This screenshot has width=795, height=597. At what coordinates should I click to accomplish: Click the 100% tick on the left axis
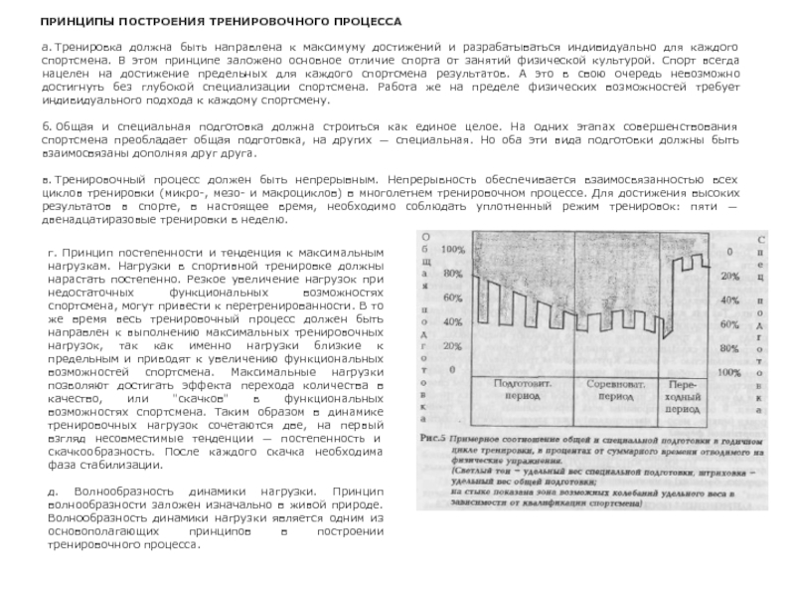click(452, 248)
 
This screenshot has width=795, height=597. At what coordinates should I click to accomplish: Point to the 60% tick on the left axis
click(452, 297)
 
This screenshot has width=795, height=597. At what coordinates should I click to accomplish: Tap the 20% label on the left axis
click(452, 346)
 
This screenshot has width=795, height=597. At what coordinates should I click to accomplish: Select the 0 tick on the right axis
click(730, 251)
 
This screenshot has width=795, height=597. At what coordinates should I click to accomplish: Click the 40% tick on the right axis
click(730, 298)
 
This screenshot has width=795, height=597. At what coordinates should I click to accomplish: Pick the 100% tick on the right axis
click(730, 371)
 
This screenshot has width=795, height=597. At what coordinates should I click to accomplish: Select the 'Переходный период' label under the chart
click(684, 395)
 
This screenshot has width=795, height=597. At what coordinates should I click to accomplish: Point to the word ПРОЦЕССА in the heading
click(368, 20)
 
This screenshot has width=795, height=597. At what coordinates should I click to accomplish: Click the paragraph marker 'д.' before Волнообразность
click(53, 493)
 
